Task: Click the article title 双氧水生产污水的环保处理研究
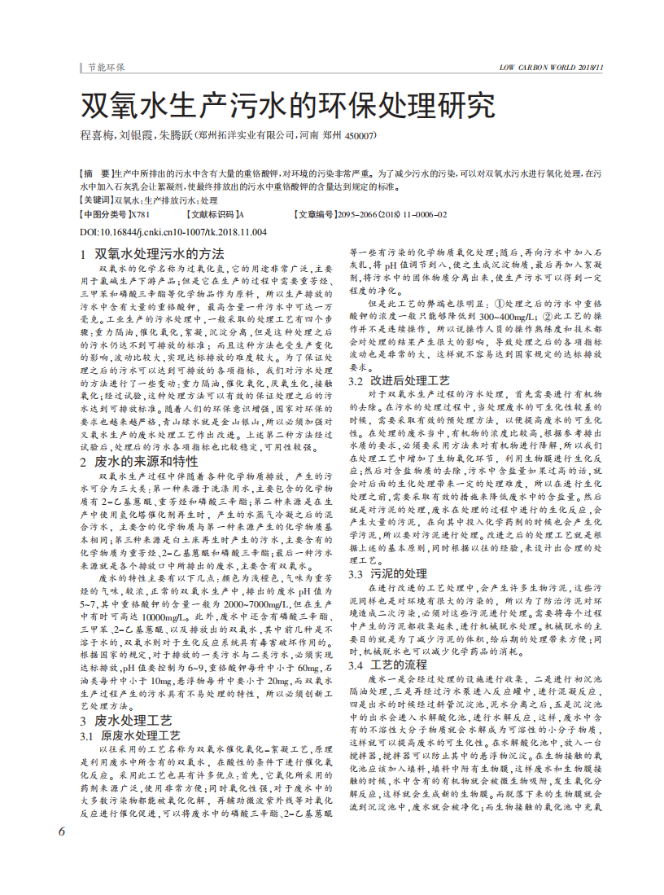[286, 106]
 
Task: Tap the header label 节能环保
[106, 67]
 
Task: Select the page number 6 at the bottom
[62, 831]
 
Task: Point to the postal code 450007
[360, 137]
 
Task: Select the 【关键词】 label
[97, 200]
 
